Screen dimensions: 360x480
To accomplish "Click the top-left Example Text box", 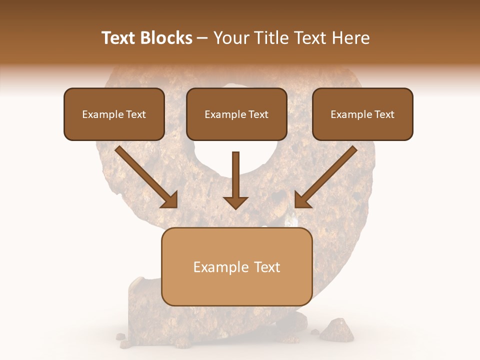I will pyautogui.click(x=114, y=114).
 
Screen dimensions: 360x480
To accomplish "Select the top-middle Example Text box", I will pyautogui.click(x=236, y=114).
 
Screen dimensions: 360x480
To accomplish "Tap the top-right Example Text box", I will pyautogui.click(x=362, y=114).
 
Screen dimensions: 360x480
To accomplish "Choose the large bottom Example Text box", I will pyautogui.click(x=236, y=267).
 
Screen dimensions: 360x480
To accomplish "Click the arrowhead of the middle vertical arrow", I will pyautogui.click(x=235, y=202).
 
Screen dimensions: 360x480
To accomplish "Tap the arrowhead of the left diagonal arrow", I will pyautogui.click(x=169, y=199).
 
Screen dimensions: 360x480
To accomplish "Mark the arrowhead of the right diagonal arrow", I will pyautogui.click(x=302, y=199).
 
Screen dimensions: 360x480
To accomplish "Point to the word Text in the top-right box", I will pyautogui.click(x=384, y=114).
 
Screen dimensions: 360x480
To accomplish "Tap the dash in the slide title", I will pyautogui.click(x=202, y=38).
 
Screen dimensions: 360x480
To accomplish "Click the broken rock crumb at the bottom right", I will pyautogui.click(x=336, y=330).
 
